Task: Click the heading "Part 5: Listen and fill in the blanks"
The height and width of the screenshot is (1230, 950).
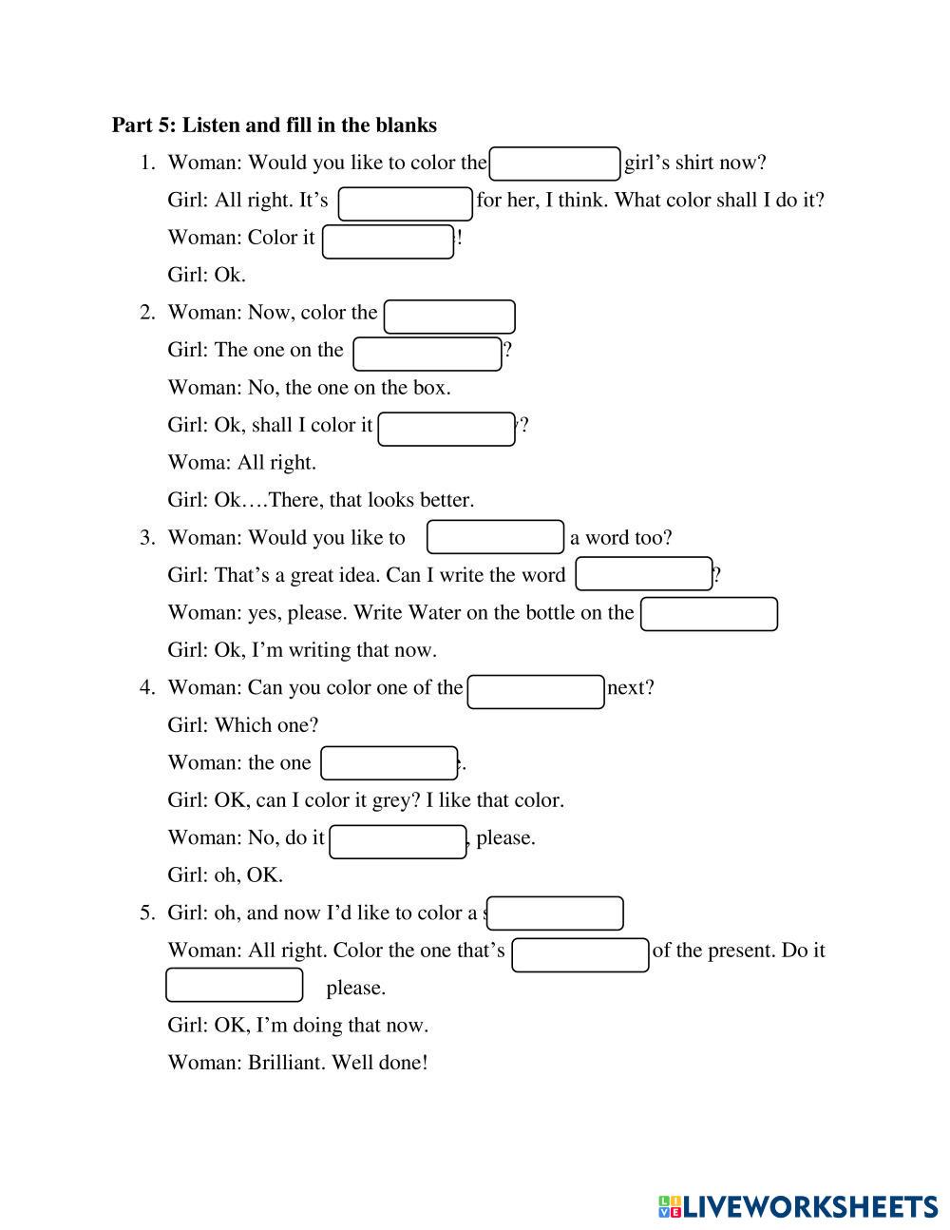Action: (x=274, y=125)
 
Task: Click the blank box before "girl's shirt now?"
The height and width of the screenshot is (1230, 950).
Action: (x=555, y=163)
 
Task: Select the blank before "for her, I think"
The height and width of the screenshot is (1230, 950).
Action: (x=406, y=203)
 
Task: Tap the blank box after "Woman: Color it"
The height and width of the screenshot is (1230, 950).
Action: (x=388, y=241)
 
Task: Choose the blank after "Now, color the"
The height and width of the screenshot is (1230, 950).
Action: (x=449, y=317)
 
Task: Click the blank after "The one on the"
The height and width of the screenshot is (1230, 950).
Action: (x=427, y=354)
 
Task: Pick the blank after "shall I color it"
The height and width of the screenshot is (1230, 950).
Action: (x=446, y=429)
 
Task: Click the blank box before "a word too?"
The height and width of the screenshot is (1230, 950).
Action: (x=495, y=537)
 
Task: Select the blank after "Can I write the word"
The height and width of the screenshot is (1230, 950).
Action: (x=644, y=574)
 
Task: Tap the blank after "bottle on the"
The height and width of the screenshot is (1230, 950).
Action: (x=709, y=614)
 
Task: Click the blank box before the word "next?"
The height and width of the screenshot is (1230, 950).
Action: (x=536, y=692)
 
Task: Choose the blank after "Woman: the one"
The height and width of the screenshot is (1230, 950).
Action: (x=389, y=763)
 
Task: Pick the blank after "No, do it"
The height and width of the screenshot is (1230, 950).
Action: (x=397, y=841)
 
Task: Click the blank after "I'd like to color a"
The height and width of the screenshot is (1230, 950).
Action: (x=555, y=913)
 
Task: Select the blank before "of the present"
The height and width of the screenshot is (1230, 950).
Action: (x=579, y=955)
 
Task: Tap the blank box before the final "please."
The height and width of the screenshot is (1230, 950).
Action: (x=234, y=985)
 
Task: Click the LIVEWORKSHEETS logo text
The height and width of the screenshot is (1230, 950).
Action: (x=809, y=1207)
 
